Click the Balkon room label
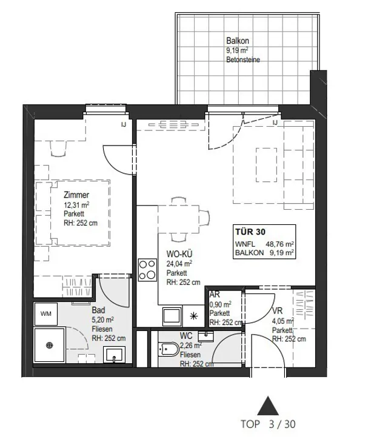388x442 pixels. [x=238, y=41]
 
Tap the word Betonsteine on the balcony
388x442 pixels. [x=243, y=59]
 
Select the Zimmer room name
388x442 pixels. [x=76, y=195]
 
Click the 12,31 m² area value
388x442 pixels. [x=76, y=205]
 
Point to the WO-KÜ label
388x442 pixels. [x=179, y=254]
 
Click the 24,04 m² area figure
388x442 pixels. [x=179, y=264]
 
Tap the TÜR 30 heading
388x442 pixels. [x=250, y=232]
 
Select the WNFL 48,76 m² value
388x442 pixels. [x=264, y=244]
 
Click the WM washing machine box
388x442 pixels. [x=45, y=313]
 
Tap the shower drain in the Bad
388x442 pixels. [x=50, y=345]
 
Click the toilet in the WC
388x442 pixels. [x=168, y=349]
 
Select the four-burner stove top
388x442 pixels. [x=147, y=270]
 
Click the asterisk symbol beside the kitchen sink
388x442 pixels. [x=193, y=316]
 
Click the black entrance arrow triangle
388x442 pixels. [x=268, y=406]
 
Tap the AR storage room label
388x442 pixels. [x=215, y=294]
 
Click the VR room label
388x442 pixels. [x=277, y=310]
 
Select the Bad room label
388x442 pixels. [x=98, y=310]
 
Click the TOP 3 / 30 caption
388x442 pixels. [x=268, y=424]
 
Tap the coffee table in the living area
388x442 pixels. [x=266, y=165]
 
